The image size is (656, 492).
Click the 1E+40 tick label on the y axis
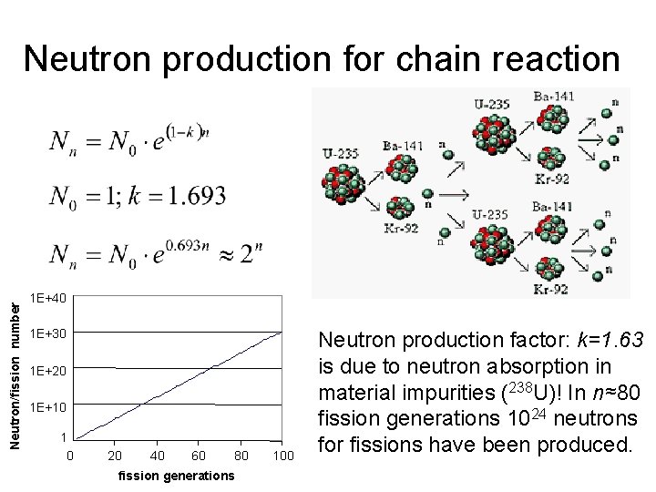click(48, 297)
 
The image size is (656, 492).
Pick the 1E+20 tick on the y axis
click(48, 371)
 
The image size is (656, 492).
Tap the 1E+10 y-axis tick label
click(48, 405)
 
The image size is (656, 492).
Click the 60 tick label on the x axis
click(200, 455)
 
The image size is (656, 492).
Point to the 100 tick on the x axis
click(283, 455)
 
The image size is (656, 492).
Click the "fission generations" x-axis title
click(176, 476)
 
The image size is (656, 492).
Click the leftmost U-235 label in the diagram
click(341, 153)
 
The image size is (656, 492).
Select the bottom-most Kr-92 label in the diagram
click(551, 289)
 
